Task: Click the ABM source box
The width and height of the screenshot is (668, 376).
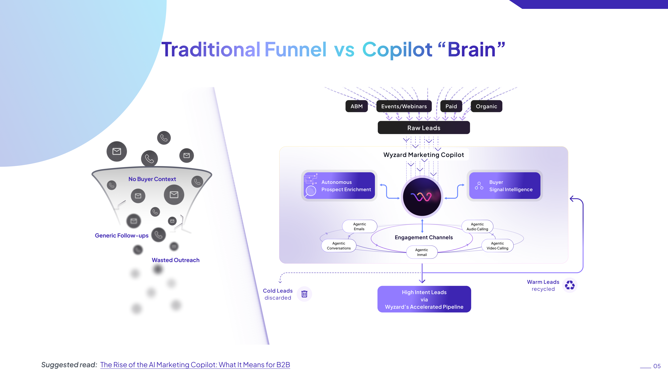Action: point(357,106)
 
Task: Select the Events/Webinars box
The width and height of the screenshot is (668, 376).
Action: point(404,106)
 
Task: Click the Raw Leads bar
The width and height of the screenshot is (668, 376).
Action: point(424,128)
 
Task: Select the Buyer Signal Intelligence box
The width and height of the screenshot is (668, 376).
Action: point(505,186)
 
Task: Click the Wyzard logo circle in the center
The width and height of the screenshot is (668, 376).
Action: point(422,197)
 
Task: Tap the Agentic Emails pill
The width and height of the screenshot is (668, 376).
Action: point(359,226)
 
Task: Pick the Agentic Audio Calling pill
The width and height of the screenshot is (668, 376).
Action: point(477,226)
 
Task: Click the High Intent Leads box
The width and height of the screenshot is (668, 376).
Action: point(424,299)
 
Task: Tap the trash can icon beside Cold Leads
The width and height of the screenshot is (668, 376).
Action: point(304,294)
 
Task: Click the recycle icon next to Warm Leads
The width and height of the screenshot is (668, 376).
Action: point(570,285)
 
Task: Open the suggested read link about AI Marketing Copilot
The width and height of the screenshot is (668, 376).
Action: point(195,365)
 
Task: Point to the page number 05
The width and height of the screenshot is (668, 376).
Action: point(657,366)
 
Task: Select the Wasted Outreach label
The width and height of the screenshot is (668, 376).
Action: point(176,260)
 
